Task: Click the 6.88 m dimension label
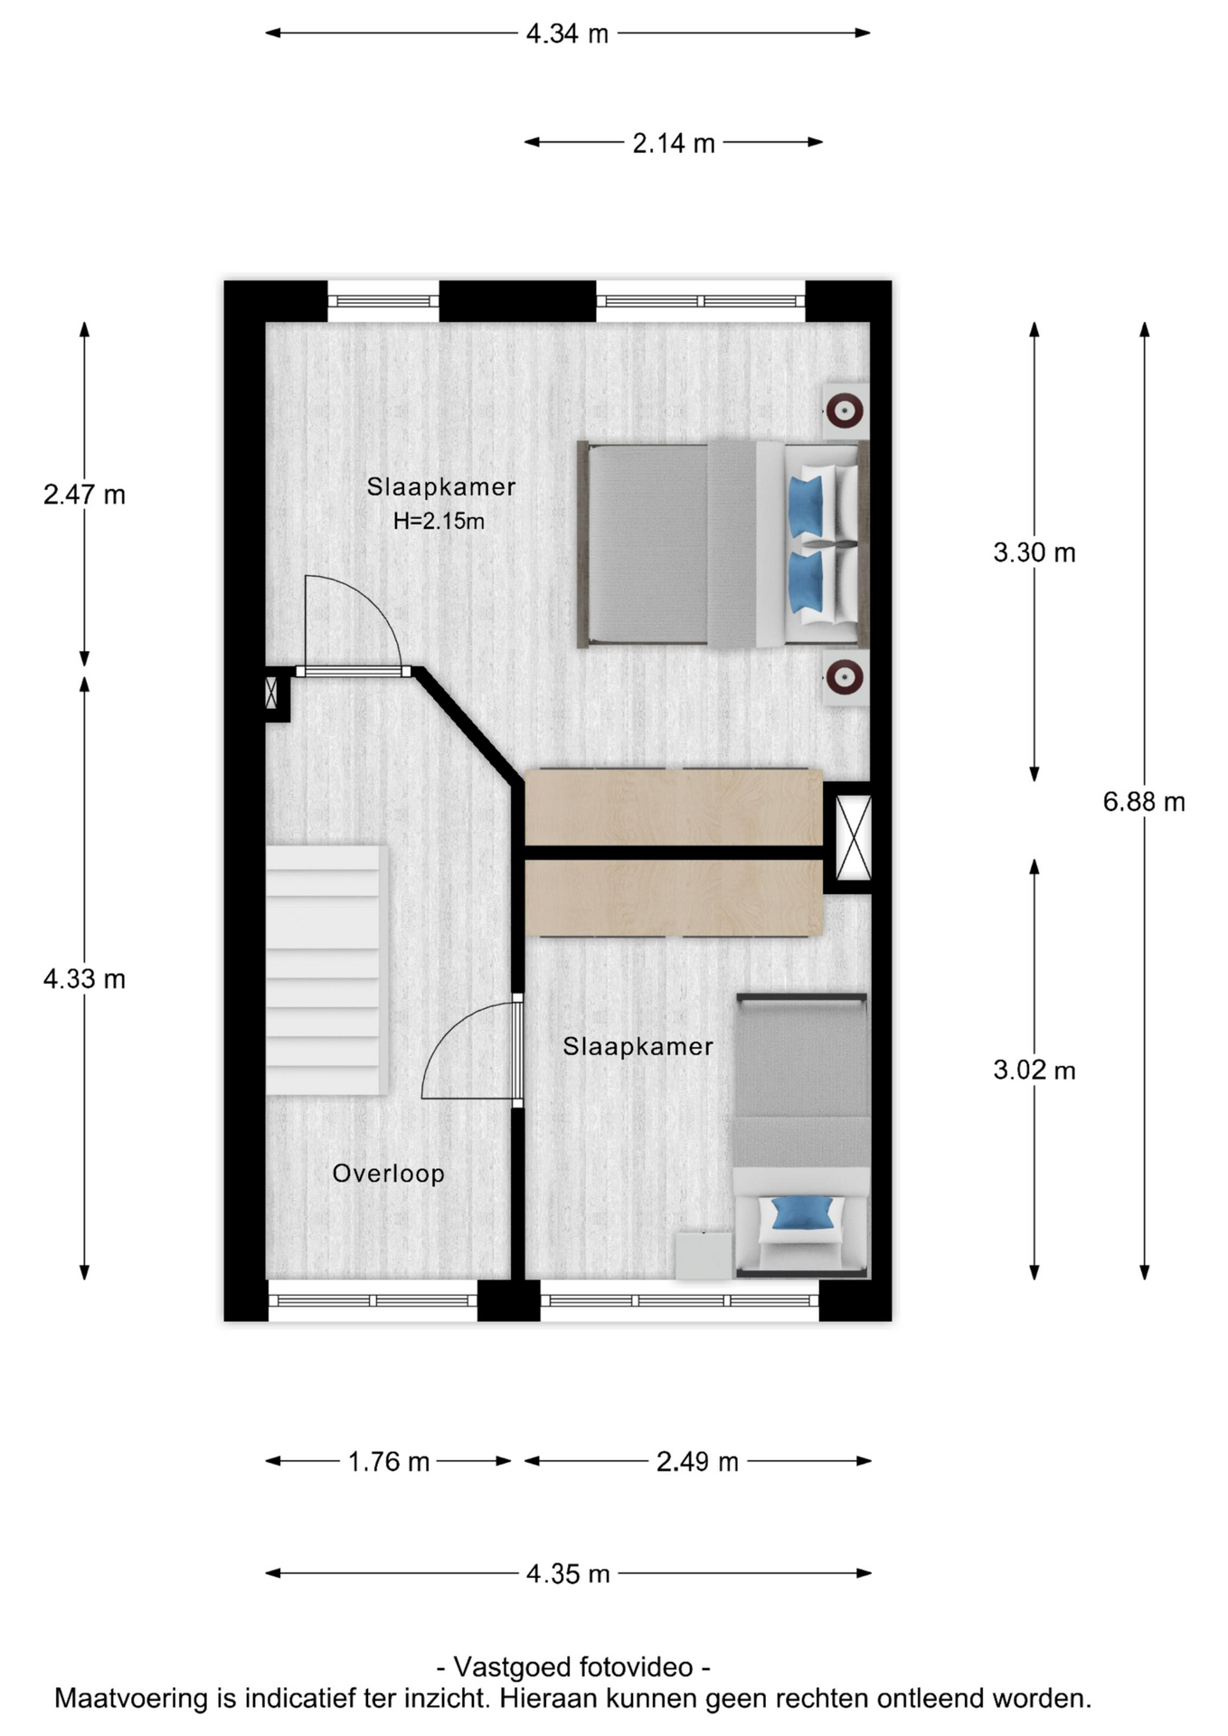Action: [x=1143, y=801]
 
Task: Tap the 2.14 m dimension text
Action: [x=674, y=143]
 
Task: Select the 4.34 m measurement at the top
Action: [x=567, y=33]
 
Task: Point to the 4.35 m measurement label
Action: [x=568, y=1573]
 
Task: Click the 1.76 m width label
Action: [x=389, y=1461]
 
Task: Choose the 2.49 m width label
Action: [x=697, y=1461]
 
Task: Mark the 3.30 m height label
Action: [x=1034, y=552]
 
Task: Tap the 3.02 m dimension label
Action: [x=1034, y=1070]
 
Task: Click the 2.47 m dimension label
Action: [x=84, y=495]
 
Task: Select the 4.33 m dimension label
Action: [x=84, y=978]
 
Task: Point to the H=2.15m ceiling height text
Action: [x=439, y=521]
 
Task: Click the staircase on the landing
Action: [x=326, y=970]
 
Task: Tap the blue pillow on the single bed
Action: [x=802, y=1212]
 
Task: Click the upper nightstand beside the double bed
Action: [x=845, y=411]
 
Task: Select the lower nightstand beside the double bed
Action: [x=845, y=676]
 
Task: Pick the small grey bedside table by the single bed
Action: [x=704, y=1255]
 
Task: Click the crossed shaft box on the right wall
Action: [x=853, y=837]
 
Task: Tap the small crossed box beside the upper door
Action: [x=271, y=693]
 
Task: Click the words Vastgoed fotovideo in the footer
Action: [x=573, y=1666]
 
